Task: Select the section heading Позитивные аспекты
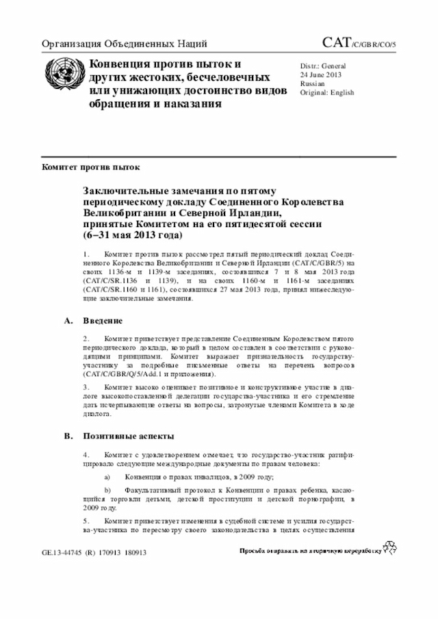pos(128,436)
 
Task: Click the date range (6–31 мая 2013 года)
pos(133,235)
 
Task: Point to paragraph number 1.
pos(86,254)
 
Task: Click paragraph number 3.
pos(86,386)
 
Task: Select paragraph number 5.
pos(86,521)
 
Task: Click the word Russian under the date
pos(312,83)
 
